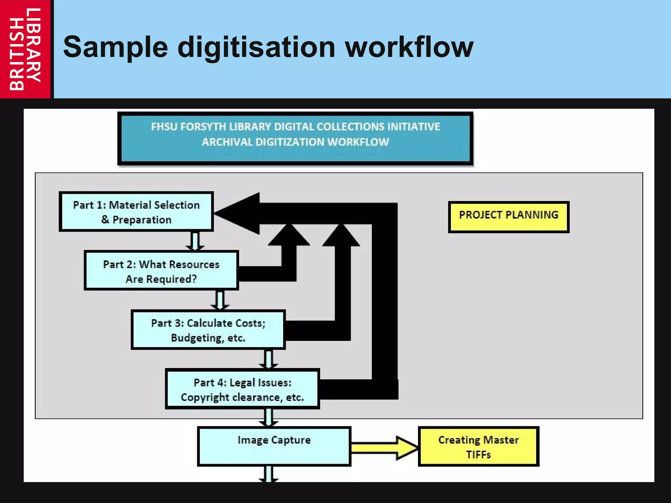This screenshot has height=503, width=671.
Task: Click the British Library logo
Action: [25, 49]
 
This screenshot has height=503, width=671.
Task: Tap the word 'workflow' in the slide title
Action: [410, 47]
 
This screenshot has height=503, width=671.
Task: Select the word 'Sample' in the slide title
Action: [115, 48]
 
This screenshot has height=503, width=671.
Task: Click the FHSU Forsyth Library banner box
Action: [295, 138]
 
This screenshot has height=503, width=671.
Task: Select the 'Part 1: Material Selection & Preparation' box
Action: [136, 212]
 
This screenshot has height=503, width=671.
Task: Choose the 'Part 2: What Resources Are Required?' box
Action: [161, 271]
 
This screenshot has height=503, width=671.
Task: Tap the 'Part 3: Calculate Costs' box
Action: [208, 330]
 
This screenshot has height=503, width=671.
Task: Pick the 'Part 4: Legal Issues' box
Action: [242, 389]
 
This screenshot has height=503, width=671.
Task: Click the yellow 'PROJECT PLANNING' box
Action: [508, 217]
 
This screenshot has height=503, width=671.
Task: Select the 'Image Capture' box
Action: [274, 446]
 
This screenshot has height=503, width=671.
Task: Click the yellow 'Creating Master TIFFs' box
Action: [478, 446]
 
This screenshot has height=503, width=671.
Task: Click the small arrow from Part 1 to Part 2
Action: [195, 241]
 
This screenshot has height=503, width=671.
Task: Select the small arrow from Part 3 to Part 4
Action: [268, 359]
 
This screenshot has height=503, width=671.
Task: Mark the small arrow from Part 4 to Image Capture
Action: [269, 417]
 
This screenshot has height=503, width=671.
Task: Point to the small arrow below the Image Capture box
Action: [269, 474]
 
